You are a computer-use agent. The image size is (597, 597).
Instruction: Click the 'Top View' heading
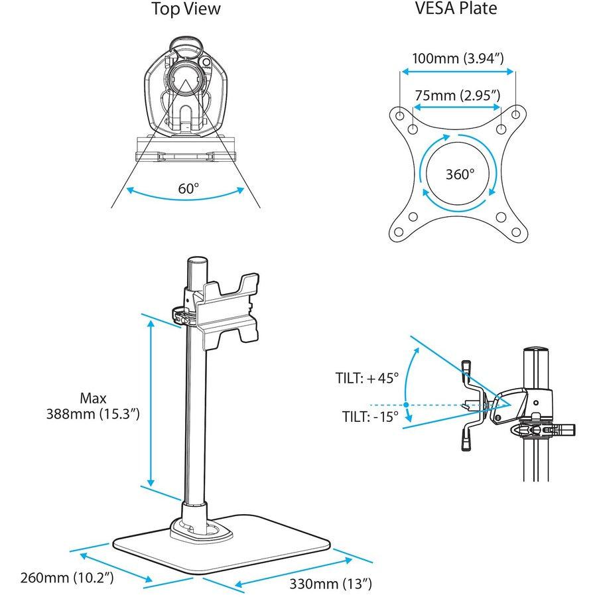coord(186,9)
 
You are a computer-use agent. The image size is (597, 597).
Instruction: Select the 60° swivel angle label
coord(188,188)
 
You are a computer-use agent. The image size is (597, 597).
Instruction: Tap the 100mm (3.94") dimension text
coord(457,58)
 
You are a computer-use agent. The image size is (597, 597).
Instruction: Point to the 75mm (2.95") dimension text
coord(457,95)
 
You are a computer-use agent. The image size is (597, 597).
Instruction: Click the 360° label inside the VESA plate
coord(459,174)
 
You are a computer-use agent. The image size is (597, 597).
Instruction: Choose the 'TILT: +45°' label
coord(367,378)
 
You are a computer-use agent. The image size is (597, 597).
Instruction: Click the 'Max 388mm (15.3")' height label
coord(93,406)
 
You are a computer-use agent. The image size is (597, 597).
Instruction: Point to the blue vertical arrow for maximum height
coord(151,405)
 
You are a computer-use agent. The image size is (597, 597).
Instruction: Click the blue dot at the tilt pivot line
coord(405,404)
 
